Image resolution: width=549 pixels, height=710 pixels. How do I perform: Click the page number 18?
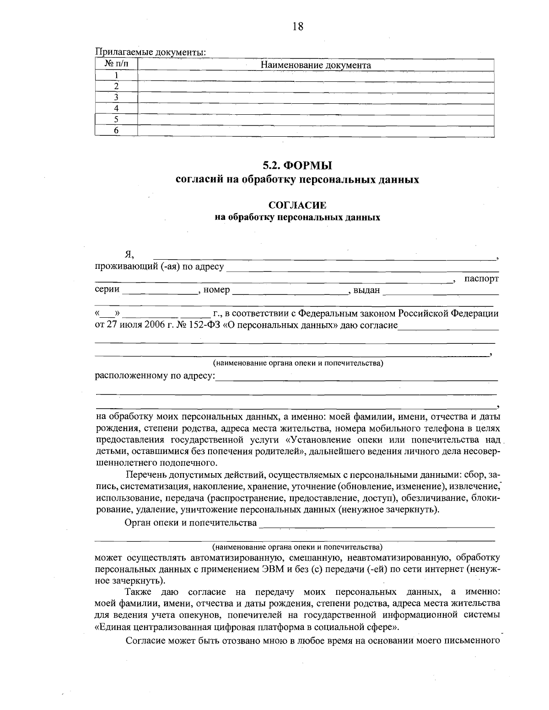click(297, 26)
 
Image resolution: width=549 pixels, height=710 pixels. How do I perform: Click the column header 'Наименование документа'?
click(316, 65)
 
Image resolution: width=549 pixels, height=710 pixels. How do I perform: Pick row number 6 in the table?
click(116, 131)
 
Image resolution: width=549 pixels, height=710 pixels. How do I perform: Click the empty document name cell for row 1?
click(316, 76)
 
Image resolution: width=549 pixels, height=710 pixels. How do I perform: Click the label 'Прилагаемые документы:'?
click(151, 52)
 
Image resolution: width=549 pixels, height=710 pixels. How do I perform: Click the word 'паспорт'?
click(481, 278)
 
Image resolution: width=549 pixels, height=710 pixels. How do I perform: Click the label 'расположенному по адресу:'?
click(155, 376)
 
